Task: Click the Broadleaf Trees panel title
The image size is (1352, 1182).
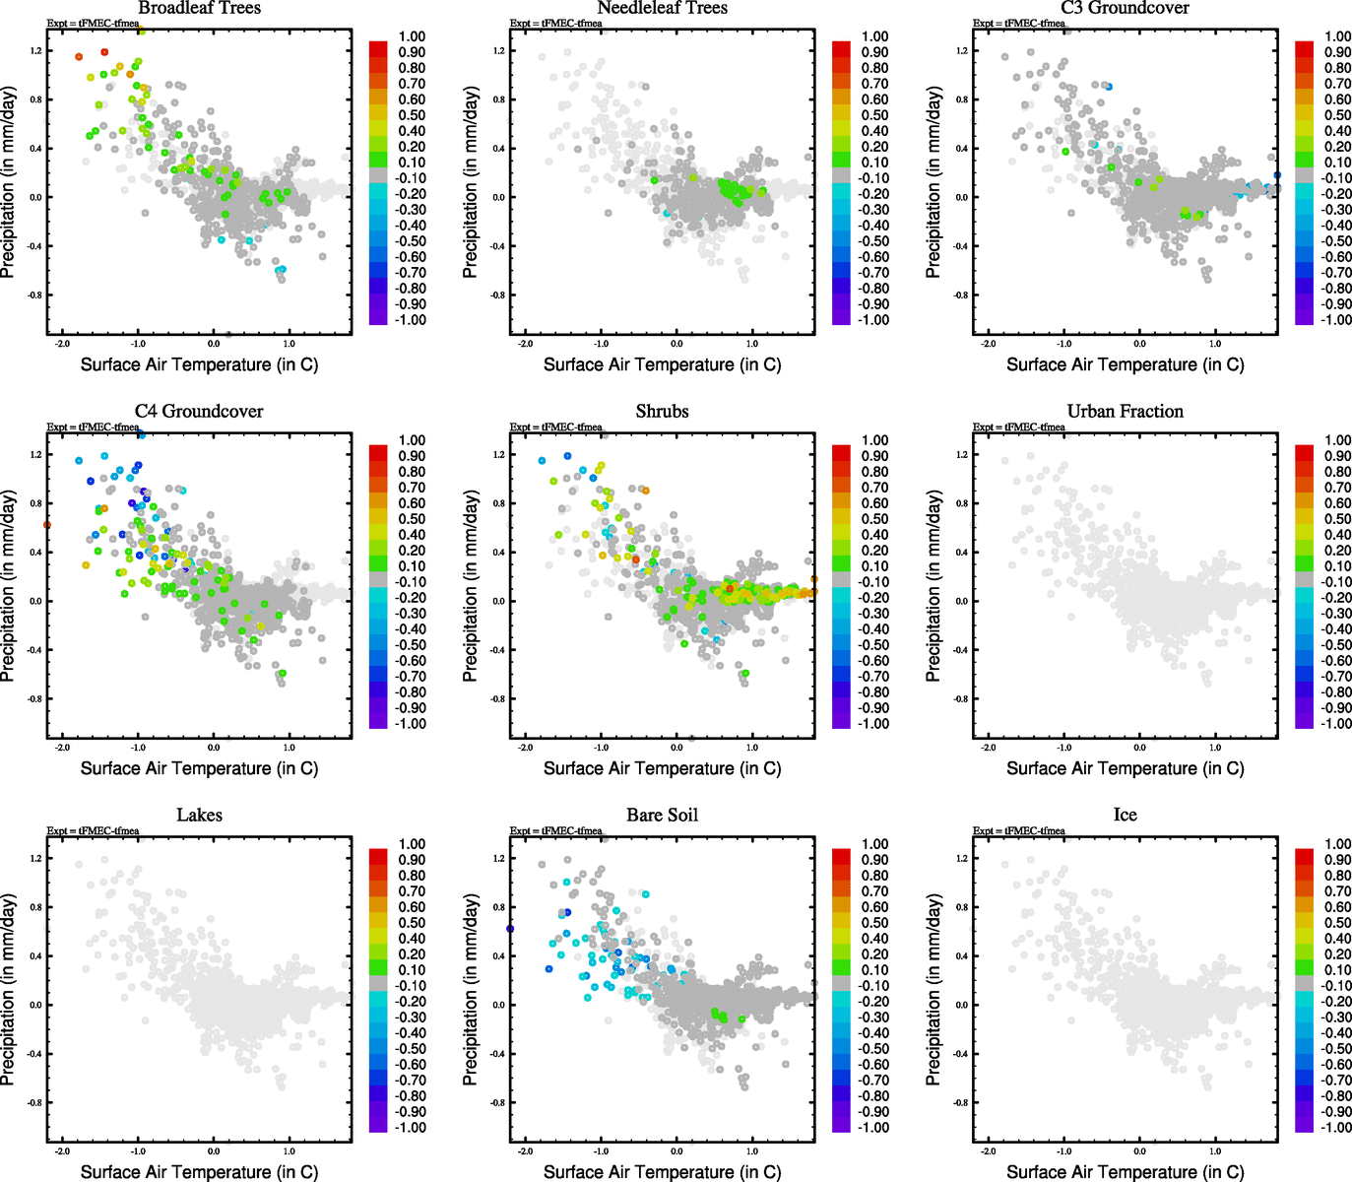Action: point(199,8)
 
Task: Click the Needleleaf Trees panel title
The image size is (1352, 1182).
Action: point(662,8)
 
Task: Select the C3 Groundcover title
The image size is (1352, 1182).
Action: point(1125,8)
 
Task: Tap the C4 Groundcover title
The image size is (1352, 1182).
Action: point(199,412)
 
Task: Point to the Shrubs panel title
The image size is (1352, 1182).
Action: point(662,412)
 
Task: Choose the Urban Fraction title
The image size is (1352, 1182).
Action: point(1125,412)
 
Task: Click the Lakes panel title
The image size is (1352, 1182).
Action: point(199,816)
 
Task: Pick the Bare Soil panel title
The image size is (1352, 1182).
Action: point(662,816)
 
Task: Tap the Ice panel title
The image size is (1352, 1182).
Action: point(1125,816)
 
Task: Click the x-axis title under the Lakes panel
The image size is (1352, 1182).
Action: point(199,1171)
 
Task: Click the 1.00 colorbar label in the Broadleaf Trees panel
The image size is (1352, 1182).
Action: point(412,36)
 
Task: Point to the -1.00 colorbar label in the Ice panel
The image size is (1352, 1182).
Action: point(1336,1128)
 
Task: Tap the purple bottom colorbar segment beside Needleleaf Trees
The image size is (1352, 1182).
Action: point(841,315)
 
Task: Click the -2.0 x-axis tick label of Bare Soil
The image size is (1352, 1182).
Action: point(525,1150)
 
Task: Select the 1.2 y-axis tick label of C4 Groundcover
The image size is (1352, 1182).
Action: point(36,455)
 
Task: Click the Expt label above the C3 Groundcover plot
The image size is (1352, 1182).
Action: point(1018,23)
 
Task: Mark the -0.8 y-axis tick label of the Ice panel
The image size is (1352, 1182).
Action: point(961,1103)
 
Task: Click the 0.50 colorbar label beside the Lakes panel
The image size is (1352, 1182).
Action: point(412,923)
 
